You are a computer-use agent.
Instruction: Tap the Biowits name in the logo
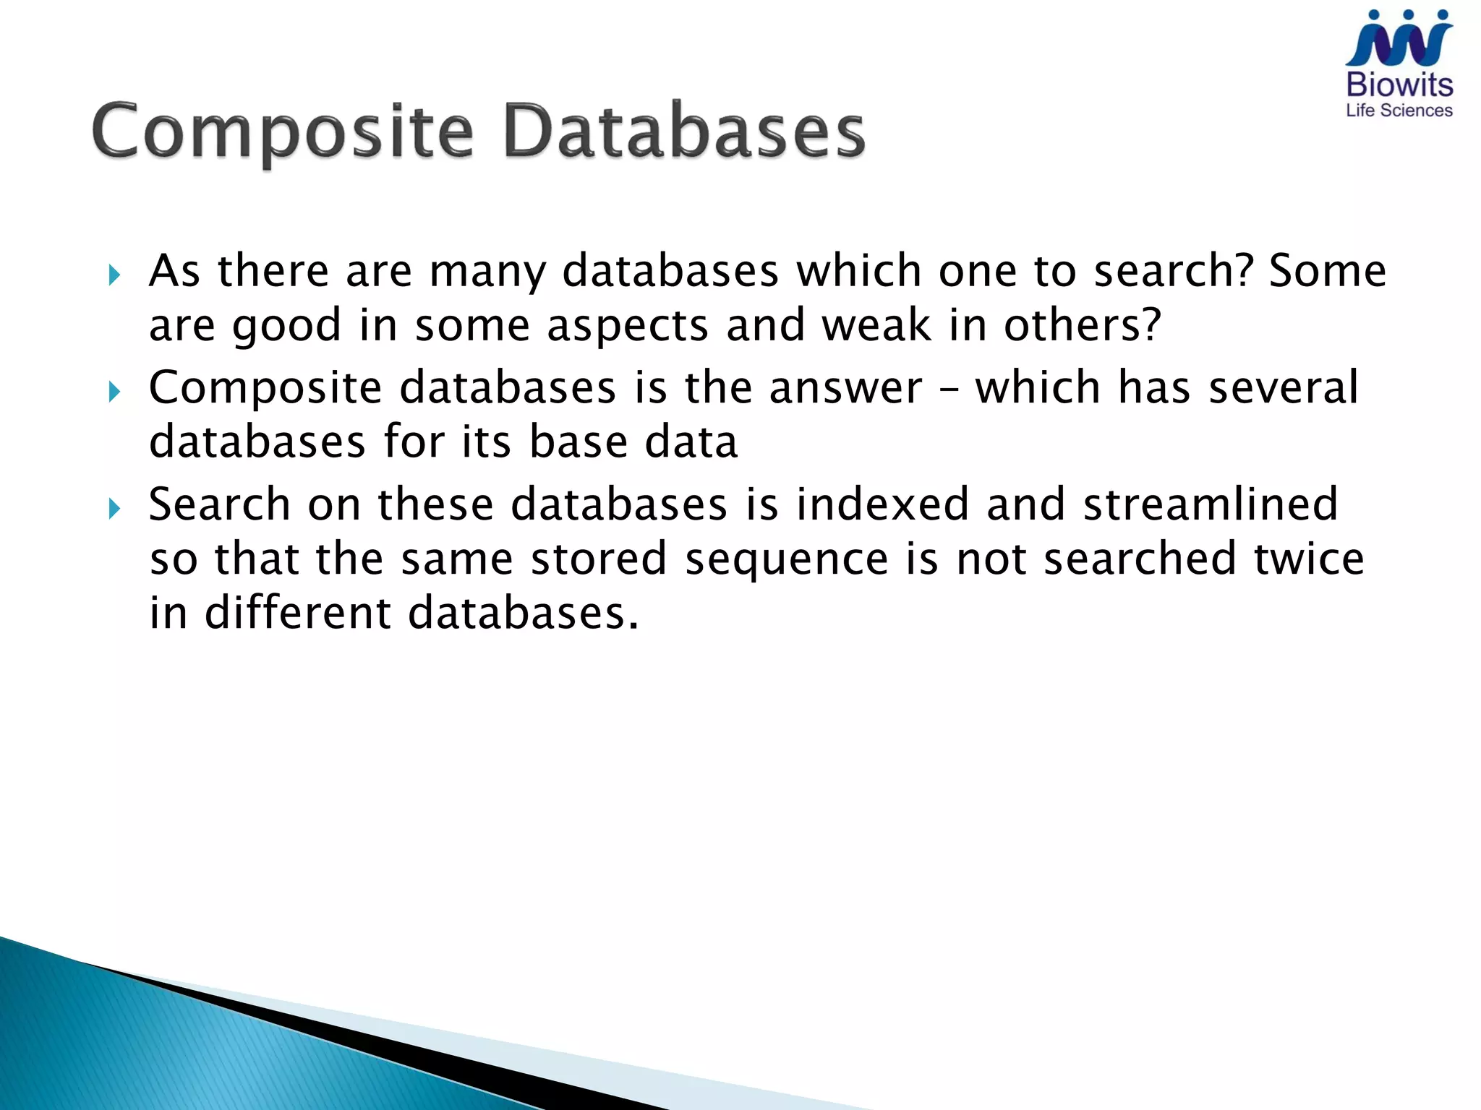click(1399, 85)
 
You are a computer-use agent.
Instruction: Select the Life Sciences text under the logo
click(1399, 111)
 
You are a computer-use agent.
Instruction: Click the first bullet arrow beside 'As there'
click(114, 275)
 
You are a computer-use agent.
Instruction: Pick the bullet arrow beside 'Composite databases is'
click(114, 392)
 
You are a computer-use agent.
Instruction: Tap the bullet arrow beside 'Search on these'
click(114, 509)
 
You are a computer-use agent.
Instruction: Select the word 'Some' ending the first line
click(1328, 271)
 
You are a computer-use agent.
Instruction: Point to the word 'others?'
click(1082, 325)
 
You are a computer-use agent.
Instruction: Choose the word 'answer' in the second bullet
click(845, 388)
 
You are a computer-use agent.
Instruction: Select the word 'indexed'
click(882, 504)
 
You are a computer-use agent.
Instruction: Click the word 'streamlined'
click(1211, 504)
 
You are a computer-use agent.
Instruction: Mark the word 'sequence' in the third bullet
click(786, 560)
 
